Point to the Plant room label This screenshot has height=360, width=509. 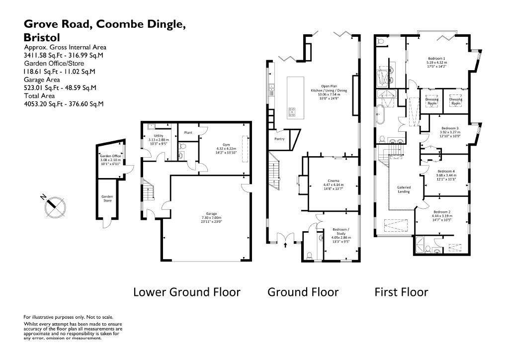click(x=188, y=133)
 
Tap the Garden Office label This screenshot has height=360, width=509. click(x=110, y=156)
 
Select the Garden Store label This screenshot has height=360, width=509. click(x=107, y=198)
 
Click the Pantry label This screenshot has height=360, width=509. click(x=279, y=139)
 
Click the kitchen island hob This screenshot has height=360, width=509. click(x=292, y=112)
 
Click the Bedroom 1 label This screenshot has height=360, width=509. click(x=436, y=58)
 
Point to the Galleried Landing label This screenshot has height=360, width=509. click(x=404, y=189)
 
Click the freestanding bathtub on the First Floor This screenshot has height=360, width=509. click(x=381, y=116)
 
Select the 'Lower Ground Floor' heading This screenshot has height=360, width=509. click(x=186, y=292)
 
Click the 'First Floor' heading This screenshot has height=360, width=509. click(x=401, y=292)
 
